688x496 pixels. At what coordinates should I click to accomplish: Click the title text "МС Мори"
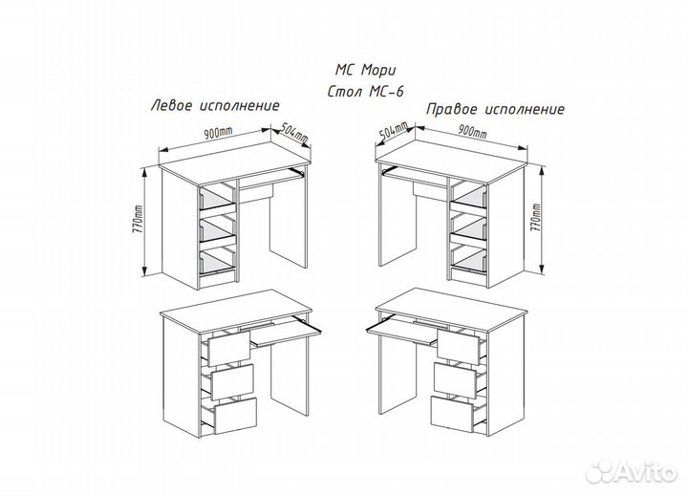point(365,70)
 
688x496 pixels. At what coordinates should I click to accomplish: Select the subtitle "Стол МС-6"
point(365,92)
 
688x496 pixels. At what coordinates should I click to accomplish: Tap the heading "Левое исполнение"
point(215,106)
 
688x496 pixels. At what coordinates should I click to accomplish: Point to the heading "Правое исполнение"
point(495,109)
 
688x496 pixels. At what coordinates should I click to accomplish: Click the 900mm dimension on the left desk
point(218,133)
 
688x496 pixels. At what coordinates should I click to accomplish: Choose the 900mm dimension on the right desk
point(472,131)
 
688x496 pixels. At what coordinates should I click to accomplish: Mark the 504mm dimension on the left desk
point(294,133)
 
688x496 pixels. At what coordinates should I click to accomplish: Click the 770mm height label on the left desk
point(140,220)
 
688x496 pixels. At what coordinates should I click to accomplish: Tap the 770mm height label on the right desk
point(536,217)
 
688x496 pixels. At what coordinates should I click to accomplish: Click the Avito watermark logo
point(632,472)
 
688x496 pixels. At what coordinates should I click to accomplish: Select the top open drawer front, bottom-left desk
point(228,349)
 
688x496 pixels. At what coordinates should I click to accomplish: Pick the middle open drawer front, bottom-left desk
point(232,381)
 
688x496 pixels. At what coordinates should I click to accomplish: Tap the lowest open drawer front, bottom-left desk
point(235,416)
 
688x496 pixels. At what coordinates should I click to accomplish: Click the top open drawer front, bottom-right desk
point(458,347)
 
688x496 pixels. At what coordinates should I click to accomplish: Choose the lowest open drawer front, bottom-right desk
point(451,414)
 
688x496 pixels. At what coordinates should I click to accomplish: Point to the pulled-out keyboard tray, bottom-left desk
point(286,333)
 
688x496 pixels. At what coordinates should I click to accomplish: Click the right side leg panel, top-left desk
point(289,216)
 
